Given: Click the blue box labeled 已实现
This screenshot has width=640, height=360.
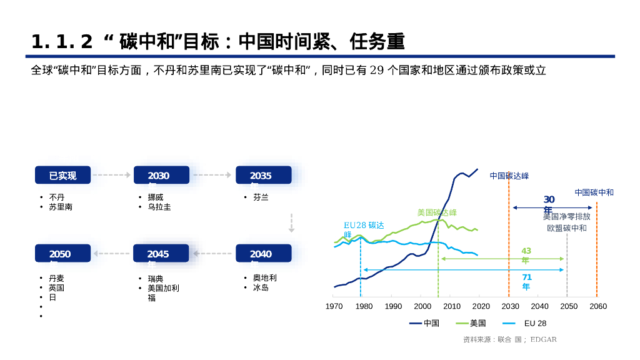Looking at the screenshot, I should point(62,176).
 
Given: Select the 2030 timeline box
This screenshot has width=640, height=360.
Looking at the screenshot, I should point(161,176).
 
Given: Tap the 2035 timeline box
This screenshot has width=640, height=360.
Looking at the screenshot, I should point(263,176).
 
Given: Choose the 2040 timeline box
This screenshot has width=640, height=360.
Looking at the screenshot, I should point(263,254).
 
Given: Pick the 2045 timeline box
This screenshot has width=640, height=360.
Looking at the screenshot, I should point(161,254).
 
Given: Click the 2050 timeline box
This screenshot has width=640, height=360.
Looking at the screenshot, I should point(62,254).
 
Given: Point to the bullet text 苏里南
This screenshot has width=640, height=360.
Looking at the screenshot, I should point(61,207).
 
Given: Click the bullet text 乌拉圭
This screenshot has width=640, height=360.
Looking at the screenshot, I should point(159,207).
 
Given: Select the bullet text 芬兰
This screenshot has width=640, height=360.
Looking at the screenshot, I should point(261,197).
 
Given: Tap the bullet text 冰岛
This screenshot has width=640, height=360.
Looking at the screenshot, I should point(261,287).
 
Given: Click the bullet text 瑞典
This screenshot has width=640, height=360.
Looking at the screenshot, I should point(156,279).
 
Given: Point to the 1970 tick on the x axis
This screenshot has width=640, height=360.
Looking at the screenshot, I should point(334,306).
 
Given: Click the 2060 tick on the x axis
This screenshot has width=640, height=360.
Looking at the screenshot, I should point(598,306).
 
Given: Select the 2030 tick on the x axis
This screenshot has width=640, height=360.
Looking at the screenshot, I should point(510,306).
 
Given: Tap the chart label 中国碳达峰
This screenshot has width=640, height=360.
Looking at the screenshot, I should point(509,176).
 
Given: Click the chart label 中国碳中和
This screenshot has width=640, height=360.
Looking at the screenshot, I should point(594,192).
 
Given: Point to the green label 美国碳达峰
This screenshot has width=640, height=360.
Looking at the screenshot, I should point(437,212).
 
